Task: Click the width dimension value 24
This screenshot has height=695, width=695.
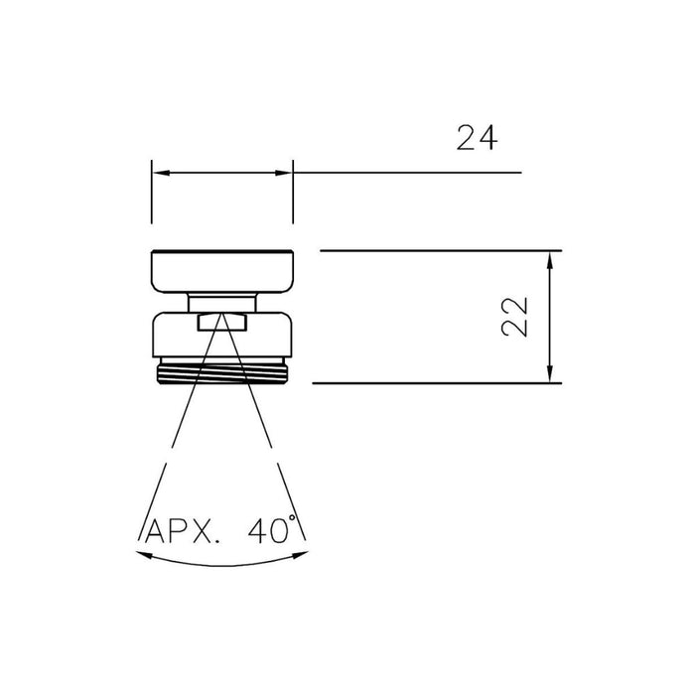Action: coord(477,139)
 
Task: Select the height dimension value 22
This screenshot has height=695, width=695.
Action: coord(514,317)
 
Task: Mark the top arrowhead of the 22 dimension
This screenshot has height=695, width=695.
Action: coord(549,258)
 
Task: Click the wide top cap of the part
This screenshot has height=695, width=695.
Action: coord(222,271)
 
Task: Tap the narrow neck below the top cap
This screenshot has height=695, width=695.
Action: coord(222,303)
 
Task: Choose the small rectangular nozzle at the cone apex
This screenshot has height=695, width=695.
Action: coord(222,321)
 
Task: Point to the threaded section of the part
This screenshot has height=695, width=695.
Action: coord(222,374)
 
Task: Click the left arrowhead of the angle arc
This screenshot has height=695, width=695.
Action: coord(140,555)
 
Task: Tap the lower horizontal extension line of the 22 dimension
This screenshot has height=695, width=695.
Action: coord(437,383)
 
